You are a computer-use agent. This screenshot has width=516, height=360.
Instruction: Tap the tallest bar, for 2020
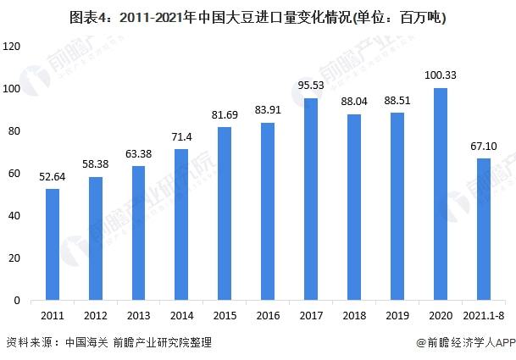tap(440, 194)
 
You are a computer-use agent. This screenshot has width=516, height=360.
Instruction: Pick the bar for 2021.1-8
tap(483, 229)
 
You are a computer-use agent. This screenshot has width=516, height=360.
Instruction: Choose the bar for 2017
tap(311, 199)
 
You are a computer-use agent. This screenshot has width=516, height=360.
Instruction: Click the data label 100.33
tap(440, 76)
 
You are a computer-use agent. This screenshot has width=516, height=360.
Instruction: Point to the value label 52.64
tap(53, 176)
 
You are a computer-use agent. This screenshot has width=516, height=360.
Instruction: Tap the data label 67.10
tap(483, 146)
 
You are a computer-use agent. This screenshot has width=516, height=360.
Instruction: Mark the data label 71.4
tap(181, 136)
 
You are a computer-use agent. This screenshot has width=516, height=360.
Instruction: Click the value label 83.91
tap(268, 110)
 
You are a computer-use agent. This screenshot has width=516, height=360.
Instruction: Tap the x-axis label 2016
tap(268, 315)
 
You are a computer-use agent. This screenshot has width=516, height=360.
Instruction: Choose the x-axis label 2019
tap(397, 315)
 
